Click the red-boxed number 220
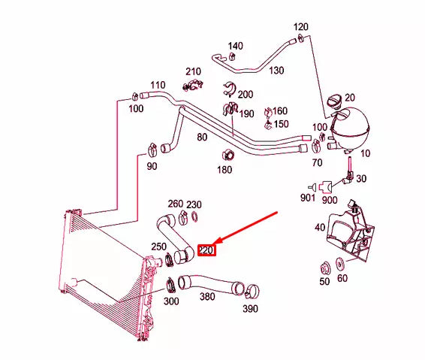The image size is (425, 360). pyautogui.click(x=206, y=250)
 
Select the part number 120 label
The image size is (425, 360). pyautogui.click(x=300, y=27)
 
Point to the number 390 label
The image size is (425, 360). pyautogui.click(x=249, y=310)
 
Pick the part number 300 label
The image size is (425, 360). pyautogui.click(x=170, y=301)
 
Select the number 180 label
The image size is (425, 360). pyautogui.click(x=225, y=170)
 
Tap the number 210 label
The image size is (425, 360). pyautogui.click(x=194, y=71)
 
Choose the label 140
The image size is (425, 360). pyautogui.click(x=235, y=46)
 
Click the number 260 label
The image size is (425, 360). pyautogui.click(x=175, y=204)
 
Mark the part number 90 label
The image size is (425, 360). pyautogui.click(x=152, y=166)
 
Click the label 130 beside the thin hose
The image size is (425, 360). pyautogui.click(x=276, y=71)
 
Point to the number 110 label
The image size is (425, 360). pyautogui.click(x=158, y=85)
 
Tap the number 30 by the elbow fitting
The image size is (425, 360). pyautogui.click(x=361, y=178)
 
